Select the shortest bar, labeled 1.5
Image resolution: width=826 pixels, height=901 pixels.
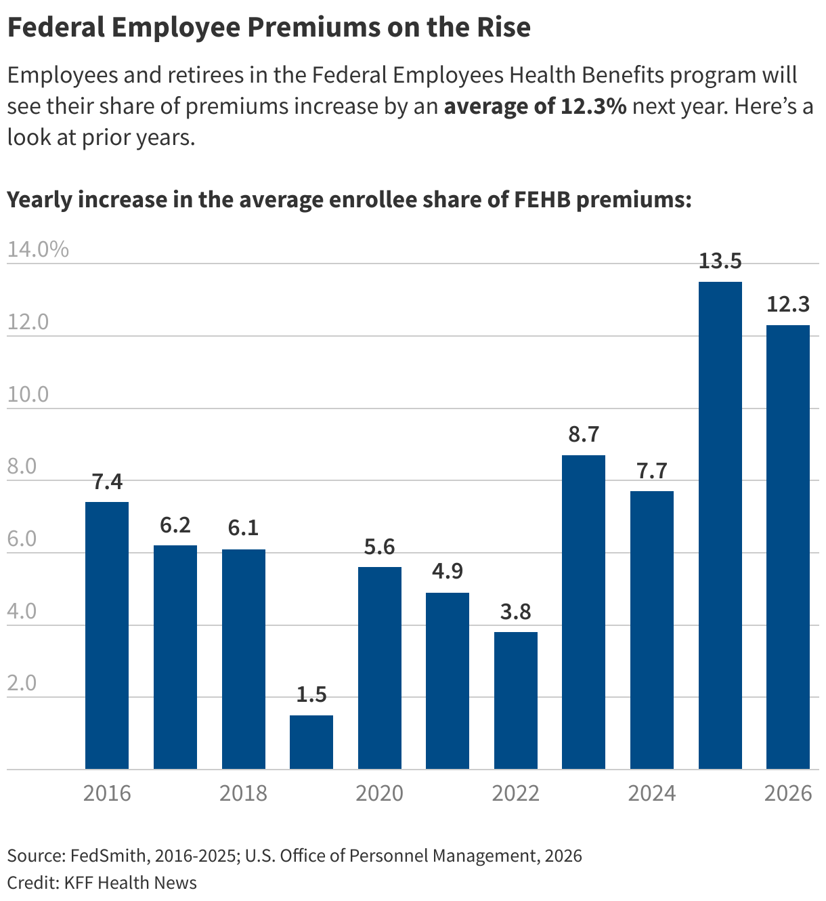[311, 742]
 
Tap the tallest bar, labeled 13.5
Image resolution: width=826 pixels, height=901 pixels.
[720, 525]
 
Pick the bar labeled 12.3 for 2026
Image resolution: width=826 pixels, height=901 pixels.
[787, 547]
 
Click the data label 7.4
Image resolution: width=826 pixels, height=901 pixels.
[107, 482]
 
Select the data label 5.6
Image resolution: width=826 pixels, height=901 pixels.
[379, 547]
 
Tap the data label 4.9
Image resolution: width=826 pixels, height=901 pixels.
[448, 571]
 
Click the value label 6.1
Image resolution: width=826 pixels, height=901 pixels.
[243, 528]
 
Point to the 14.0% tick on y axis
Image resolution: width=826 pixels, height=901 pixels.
[38, 249]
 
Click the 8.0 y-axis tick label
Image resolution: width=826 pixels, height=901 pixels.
[22, 467]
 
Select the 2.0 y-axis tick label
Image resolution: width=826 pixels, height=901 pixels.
[22, 683]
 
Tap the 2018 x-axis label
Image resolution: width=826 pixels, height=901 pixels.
[243, 793]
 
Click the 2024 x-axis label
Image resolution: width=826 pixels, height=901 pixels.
[651, 793]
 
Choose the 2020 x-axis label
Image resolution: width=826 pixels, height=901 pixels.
[379, 793]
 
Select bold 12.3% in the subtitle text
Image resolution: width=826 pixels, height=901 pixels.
[593, 106]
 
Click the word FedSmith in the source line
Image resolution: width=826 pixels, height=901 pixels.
[108, 856]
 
